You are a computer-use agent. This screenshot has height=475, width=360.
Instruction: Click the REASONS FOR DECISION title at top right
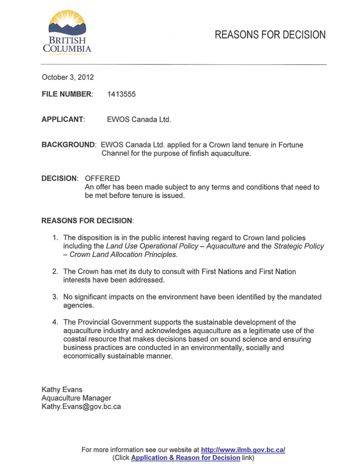(270, 35)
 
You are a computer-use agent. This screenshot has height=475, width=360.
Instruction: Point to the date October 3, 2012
(68, 77)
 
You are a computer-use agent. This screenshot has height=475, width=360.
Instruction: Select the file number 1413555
(121, 94)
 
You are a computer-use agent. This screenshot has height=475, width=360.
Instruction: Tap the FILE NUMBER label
(67, 94)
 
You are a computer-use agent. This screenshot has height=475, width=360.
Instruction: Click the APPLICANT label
(63, 120)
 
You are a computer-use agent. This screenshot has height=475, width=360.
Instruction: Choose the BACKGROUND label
(69, 145)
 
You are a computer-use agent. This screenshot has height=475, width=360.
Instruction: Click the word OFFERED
(102, 179)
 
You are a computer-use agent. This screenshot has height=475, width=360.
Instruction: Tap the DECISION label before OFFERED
(59, 179)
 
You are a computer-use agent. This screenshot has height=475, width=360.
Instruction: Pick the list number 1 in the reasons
(55, 238)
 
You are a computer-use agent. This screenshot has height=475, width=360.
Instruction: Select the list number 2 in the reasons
(55, 271)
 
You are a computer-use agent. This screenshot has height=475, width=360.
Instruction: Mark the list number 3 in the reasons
(55, 297)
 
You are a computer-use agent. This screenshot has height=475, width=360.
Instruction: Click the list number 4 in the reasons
(55, 322)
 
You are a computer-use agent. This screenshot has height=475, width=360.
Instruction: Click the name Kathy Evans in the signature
(62, 390)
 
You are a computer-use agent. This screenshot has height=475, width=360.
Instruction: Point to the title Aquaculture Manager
(76, 398)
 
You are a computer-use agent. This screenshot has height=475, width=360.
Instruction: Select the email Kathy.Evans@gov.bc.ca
(81, 407)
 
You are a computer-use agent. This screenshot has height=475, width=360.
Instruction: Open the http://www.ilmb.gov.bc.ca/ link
(243, 450)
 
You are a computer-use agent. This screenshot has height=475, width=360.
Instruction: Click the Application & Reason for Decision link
(186, 458)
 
